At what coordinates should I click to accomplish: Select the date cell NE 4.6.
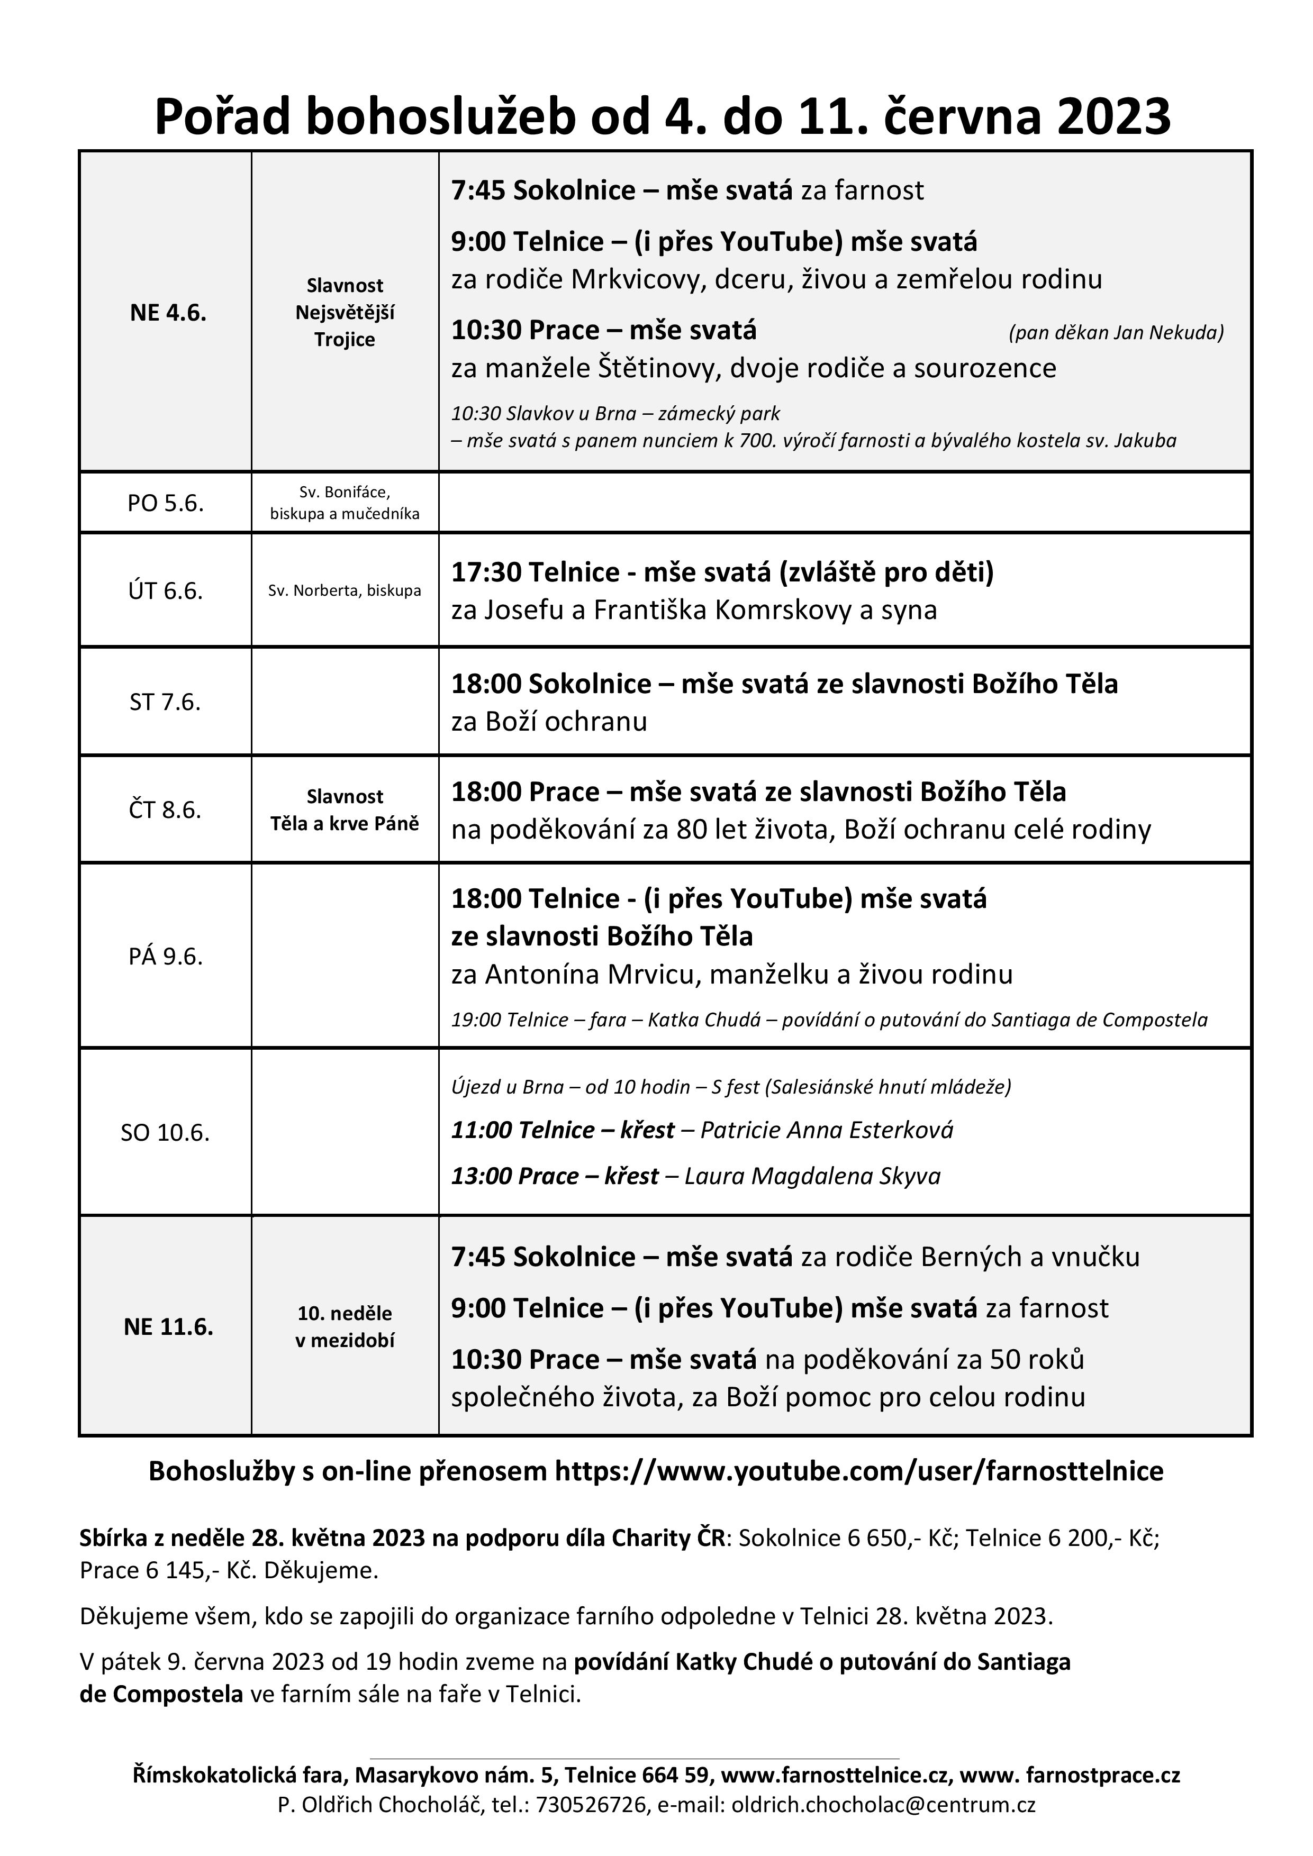(168, 313)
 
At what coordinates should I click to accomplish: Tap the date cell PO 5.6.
(165, 503)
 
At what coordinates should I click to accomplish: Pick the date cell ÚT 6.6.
(165, 591)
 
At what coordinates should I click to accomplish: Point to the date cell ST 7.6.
(165, 702)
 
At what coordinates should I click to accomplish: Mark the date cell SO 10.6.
(165, 1133)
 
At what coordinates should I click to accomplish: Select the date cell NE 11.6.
(168, 1326)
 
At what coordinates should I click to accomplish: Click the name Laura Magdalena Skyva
(812, 1176)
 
